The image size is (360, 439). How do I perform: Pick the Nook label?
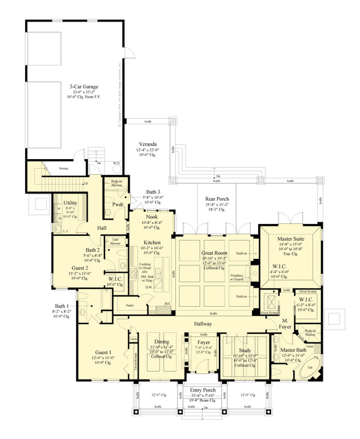click(x=151, y=216)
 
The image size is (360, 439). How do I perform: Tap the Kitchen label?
click(x=150, y=242)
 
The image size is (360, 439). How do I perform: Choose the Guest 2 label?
click(x=80, y=268)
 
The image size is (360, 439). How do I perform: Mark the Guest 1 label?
click(x=103, y=352)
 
